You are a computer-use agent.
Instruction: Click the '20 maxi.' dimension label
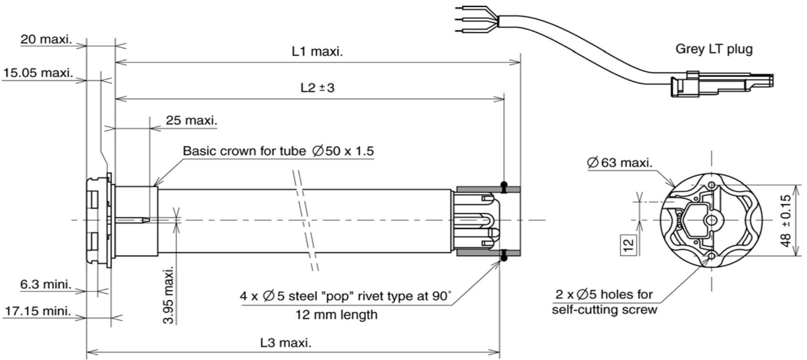pyautogui.click(x=46, y=39)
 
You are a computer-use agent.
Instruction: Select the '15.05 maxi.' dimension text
pyautogui.click(x=38, y=73)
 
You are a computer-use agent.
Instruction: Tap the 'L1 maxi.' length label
pyautogui.click(x=317, y=52)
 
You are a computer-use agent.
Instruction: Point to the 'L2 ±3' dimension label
pyautogui.click(x=317, y=88)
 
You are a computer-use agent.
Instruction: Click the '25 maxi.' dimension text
pyautogui.click(x=191, y=120)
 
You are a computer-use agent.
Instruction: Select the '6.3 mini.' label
pyautogui.click(x=46, y=285)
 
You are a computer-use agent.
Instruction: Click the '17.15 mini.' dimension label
pyautogui.click(x=38, y=312)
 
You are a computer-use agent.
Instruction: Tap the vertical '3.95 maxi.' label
pyautogui.click(x=168, y=294)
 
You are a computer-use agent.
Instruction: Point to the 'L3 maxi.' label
pyautogui.click(x=286, y=342)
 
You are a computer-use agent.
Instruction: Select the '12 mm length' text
pyautogui.click(x=337, y=315)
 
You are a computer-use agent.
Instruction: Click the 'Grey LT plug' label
pyautogui.click(x=714, y=49)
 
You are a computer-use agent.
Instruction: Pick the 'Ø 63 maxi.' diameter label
pyautogui.click(x=619, y=163)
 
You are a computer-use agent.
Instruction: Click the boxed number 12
pyautogui.click(x=629, y=244)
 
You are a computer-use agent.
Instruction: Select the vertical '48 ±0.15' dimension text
pyautogui.click(x=786, y=220)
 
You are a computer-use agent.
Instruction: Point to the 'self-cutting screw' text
pyautogui.click(x=604, y=310)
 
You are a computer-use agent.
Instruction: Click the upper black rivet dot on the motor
pyautogui.click(x=503, y=185)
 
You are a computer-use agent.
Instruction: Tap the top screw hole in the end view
pyautogui.click(x=711, y=185)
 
